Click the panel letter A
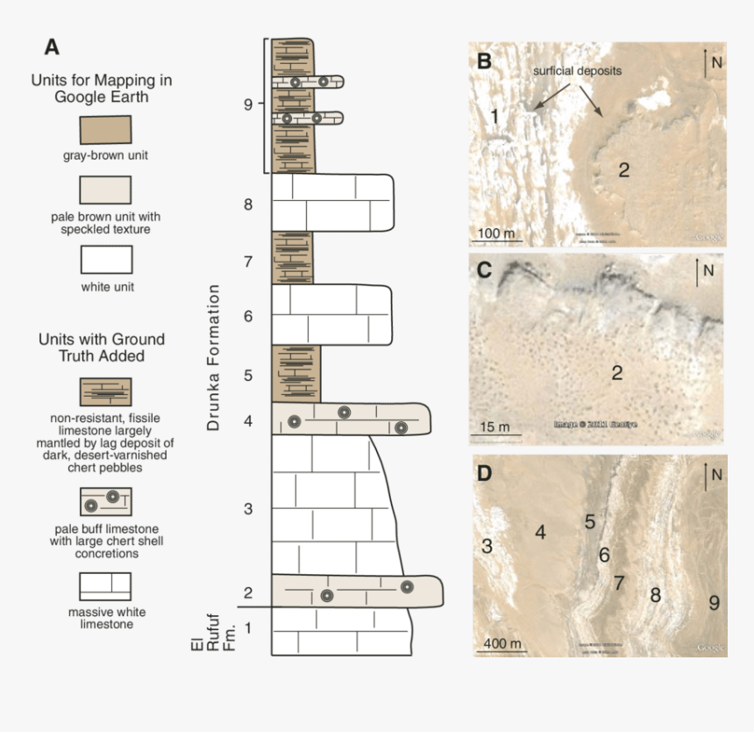click(53, 47)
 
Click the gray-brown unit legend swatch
click(106, 130)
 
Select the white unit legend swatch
click(106, 260)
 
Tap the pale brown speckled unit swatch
click(106, 190)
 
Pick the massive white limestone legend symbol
click(106, 586)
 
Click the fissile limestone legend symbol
click(106, 391)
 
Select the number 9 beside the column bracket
click(249, 104)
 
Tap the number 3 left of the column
click(249, 509)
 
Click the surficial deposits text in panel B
click(578, 71)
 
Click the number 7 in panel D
click(619, 582)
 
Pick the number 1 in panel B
click(494, 116)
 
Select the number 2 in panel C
click(617, 373)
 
